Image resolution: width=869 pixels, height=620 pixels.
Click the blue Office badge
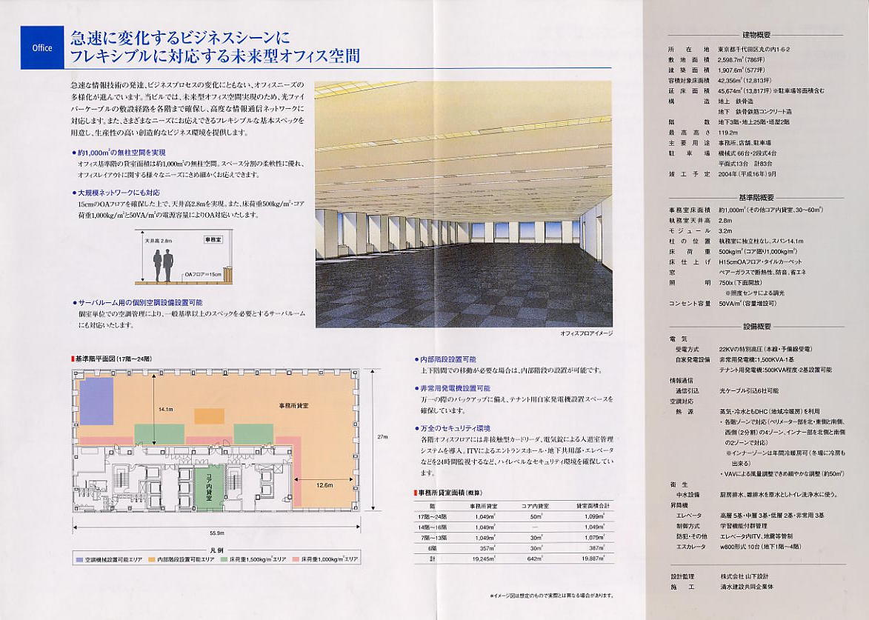point(42,47)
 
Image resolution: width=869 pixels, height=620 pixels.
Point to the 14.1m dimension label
point(164,409)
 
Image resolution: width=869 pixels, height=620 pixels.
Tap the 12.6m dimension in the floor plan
point(324,485)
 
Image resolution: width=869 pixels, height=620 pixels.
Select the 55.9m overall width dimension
point(216,533)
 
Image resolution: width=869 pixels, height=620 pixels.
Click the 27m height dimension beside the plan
point(382,437)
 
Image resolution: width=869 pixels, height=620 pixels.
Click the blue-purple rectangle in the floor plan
point(96,401)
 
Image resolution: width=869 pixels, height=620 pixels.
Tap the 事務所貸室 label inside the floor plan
point(293,405)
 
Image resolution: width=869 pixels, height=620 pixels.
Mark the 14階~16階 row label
point(433,527)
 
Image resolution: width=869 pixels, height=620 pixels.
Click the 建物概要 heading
point(756,35)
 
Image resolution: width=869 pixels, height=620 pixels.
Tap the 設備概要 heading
point(756,327)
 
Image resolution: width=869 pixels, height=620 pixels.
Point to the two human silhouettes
point(163,264)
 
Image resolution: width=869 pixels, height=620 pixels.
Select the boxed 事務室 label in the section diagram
point(213,240)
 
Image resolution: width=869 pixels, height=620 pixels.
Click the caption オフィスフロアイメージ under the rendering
point(587,333)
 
